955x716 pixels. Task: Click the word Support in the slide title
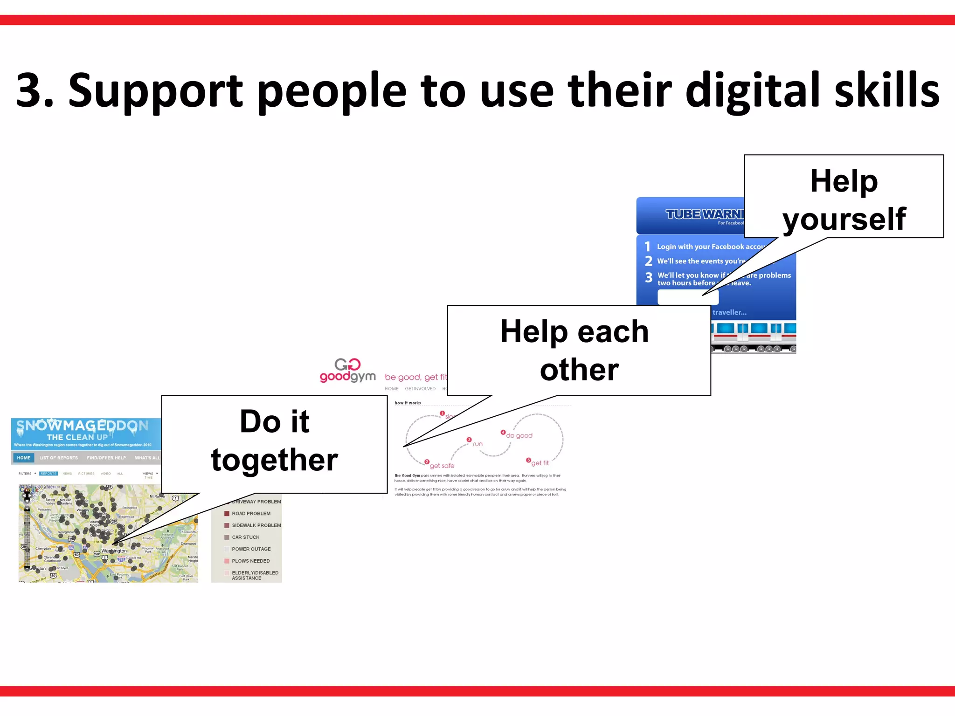[x=155, y=91]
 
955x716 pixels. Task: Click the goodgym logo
[x=347, y=371]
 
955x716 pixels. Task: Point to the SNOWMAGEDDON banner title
[x=83, y=426]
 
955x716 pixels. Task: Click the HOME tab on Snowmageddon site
[x=23, y=458]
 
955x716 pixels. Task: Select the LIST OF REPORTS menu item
[x=59, y=458]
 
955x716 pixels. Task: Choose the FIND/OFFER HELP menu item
[x=106, y=458]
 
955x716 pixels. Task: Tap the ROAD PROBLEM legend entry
[x=251, y=514]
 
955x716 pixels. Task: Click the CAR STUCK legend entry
[x=245, y=537]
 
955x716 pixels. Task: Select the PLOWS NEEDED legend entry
[x=250, y=561]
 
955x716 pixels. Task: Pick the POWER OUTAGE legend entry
[x=251, y=549]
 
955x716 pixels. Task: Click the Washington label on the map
[x=114, y=551]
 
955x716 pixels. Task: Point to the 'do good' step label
[x=519, y=436]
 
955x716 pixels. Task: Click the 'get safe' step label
[x=442, y=466]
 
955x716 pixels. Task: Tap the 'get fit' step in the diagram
[x=540, y=463]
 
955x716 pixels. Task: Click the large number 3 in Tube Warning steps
[x=649, y=278]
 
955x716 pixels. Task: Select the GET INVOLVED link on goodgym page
[x=420, y=389]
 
